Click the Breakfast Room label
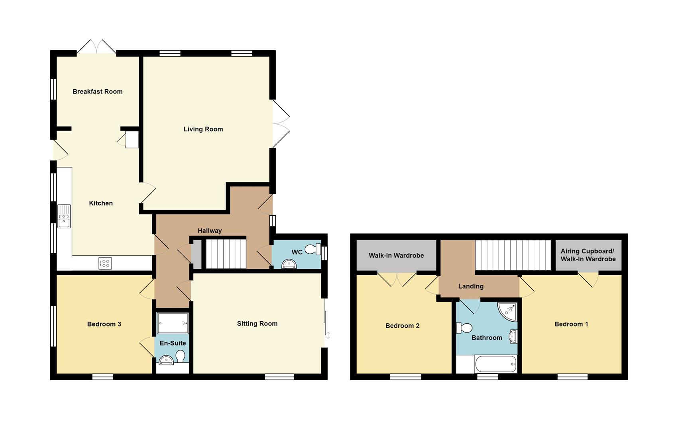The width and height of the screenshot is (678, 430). pyautogui.click(x=98, y=91)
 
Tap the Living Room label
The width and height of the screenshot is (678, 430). pyautogui.click(x=203, y=129)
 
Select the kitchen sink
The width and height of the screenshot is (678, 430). pyautogui.click(x=64, y=216)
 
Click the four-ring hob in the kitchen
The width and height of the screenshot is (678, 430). pyautogui.click(x=105, y=263)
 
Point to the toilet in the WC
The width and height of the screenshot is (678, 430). pyautogui.click(x=313, y=250)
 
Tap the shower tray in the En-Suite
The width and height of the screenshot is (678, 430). pyautogui.click(x=173, y=323)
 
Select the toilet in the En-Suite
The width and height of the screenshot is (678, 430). pyautogui.click(x=181, y=356)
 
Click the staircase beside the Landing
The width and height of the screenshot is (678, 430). pyautogui.click(x=513, y=255)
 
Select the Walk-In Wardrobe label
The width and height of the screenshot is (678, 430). pyautogui.click(x=396, y=256)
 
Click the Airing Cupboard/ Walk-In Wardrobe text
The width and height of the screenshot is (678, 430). pyautogui.click(x=588, y=255)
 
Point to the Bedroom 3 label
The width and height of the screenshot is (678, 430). pyautogui.click(x=104, y=324)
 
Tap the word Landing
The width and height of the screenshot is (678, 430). pyautogui.click(x=471, y=286)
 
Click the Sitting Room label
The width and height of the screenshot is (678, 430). pyautogui.click(x=257, y=324)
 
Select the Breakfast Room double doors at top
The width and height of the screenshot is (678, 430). pyautogui.click(x=96, y=47)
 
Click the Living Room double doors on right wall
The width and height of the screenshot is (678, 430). pyautogui.click(x=281, y=124)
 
